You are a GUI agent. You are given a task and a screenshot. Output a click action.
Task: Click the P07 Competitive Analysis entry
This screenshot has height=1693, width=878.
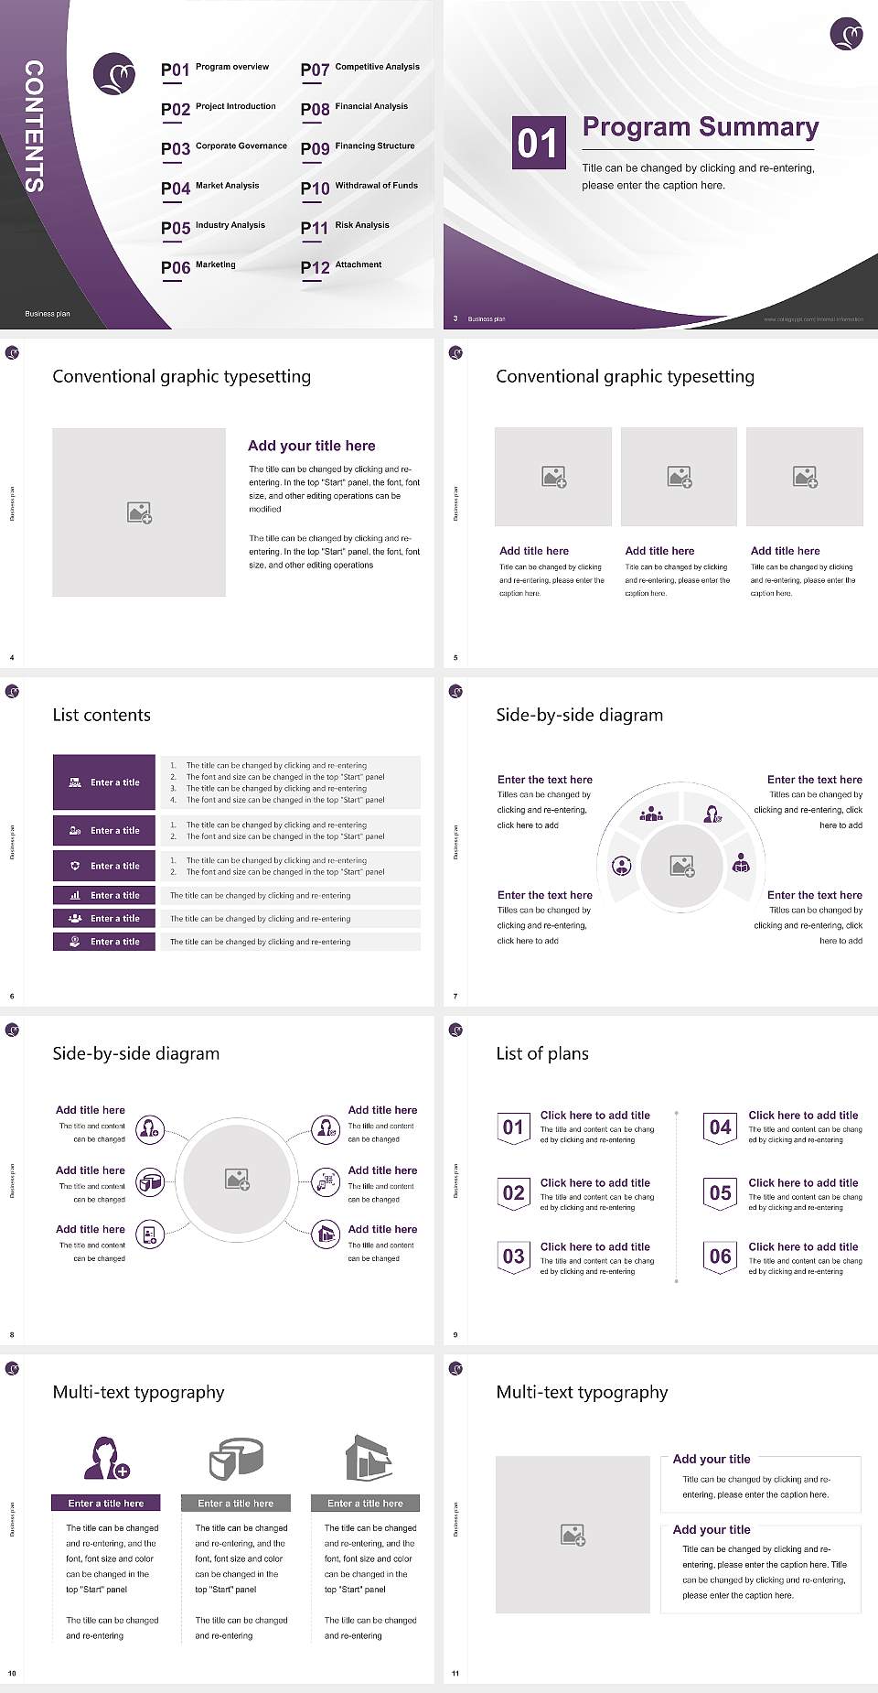(360, 69)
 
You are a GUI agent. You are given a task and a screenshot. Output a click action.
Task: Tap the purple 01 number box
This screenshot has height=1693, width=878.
(537, 143)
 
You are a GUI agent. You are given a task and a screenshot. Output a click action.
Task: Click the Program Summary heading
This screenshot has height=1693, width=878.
(700, 127)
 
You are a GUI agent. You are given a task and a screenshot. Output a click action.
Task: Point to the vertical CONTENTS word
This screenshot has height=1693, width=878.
(34, 126)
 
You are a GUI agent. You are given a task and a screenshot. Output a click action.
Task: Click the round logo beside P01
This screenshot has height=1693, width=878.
(114, 73)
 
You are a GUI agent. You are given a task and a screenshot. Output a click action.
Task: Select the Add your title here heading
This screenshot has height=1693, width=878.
(311, 446)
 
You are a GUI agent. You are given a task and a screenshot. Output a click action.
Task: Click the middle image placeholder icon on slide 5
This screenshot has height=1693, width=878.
(679, 477)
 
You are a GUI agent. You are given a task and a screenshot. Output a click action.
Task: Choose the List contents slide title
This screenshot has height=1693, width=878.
(102, 715)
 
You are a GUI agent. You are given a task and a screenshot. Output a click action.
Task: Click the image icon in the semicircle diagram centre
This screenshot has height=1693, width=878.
(681, 866)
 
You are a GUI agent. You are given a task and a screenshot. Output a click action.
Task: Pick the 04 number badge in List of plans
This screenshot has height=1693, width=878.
(720, 1127)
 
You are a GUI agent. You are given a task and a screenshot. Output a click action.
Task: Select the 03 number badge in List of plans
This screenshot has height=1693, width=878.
(513, 1256)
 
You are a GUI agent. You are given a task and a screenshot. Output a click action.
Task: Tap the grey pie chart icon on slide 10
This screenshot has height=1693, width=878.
(236, 1459)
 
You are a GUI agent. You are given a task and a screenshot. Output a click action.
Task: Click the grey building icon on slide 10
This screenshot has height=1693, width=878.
(368, 1458)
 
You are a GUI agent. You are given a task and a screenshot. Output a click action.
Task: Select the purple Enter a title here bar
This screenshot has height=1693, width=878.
(106, 1503)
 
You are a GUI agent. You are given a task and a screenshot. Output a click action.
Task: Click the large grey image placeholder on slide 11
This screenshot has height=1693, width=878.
(573, 1535)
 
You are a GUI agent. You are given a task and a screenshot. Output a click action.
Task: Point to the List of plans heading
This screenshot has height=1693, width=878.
(542, 1053)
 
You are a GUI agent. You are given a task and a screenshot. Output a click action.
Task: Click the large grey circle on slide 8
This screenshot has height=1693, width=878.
(238, 1179)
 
